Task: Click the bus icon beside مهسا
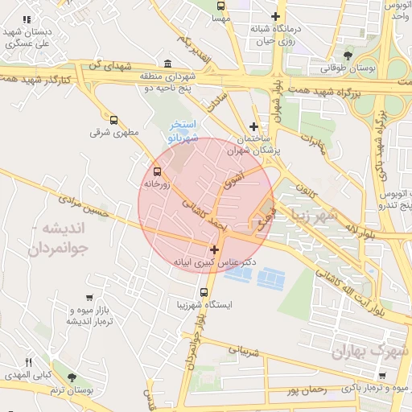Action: click(223, 16)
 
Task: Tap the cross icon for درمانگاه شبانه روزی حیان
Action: click(276, 16)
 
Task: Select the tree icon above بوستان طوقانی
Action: click(348, 55)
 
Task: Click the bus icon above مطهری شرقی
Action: click(113, 118)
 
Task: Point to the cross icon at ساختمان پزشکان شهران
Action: click(254, 126)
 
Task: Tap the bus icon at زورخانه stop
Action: click(156, 171)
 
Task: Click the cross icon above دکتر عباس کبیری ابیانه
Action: click(214, 249)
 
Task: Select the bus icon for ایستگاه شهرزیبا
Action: click(204, 292)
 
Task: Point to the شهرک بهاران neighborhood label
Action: click(369, 351)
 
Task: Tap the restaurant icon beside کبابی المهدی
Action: click(29, 362)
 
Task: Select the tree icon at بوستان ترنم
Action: click(72, 377)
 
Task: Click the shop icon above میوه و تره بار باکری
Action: click(381, 376)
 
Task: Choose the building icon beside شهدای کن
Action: click(167, 64)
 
